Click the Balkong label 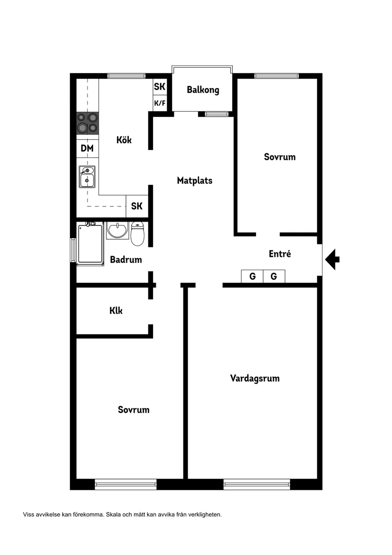(x=203, y=89)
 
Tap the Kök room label (x=124, y=140)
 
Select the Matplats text (x=194, y=180)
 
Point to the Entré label (x=279, y=253)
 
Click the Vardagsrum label (x=255, y=378)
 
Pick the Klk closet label (x=116, y=311)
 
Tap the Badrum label (x=126, y=259)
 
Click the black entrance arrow (x=333, y=259)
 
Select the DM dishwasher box (x=87, y=148)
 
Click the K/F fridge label (x=160, y=103)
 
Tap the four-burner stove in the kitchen (x=87, y=123)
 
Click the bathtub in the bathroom (x=91, y=243)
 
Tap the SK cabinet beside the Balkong (x=160, y=87)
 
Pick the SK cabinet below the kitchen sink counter (x=137, y=206)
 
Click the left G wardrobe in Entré (x=252, y=276)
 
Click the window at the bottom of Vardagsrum (x=257, y=485)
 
